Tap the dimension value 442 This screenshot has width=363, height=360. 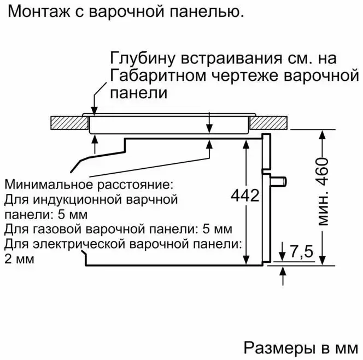pos(245,196)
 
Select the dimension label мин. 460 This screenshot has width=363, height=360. pos(324,194)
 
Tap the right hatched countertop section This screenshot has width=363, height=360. pos(272,123)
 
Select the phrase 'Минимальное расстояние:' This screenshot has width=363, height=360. pos(88,183)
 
